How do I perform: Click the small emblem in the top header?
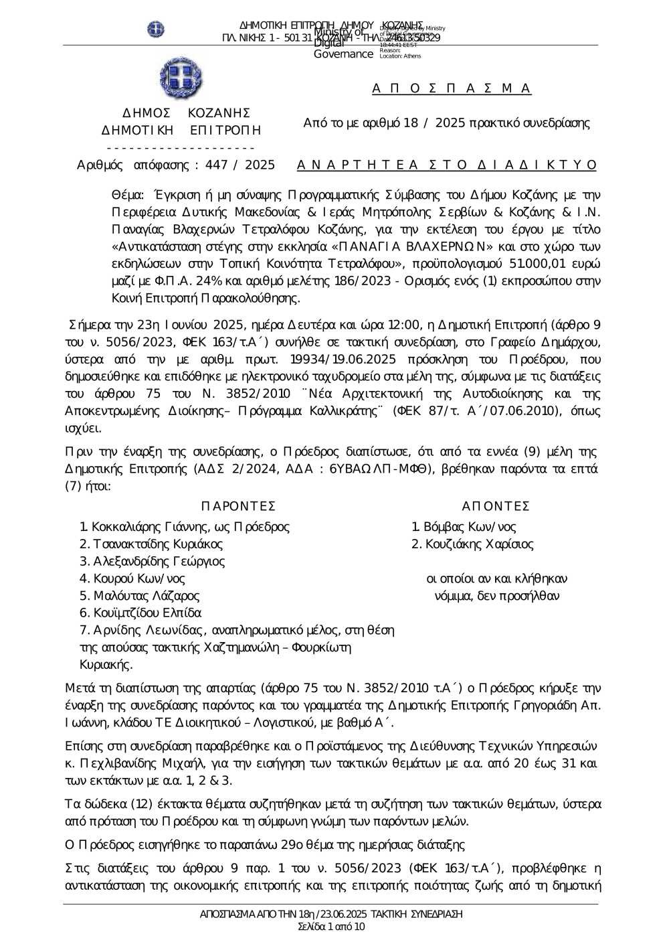pyautogui.click(x=156, y=29)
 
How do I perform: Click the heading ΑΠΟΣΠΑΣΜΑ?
pyautogui.click(x=452, y=88)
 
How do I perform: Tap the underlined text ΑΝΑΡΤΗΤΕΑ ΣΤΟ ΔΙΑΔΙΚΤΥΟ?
pyautogui.click(x=446, y=165)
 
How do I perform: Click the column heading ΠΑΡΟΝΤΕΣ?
pyautogui.click(x=238, y=505)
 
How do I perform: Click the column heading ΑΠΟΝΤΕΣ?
pyautogui.click(x=496, y=505)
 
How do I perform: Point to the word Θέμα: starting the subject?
pyautogui.click(x=127, y=195)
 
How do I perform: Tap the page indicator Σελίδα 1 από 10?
pyautogui.click(x=331, y=927)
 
